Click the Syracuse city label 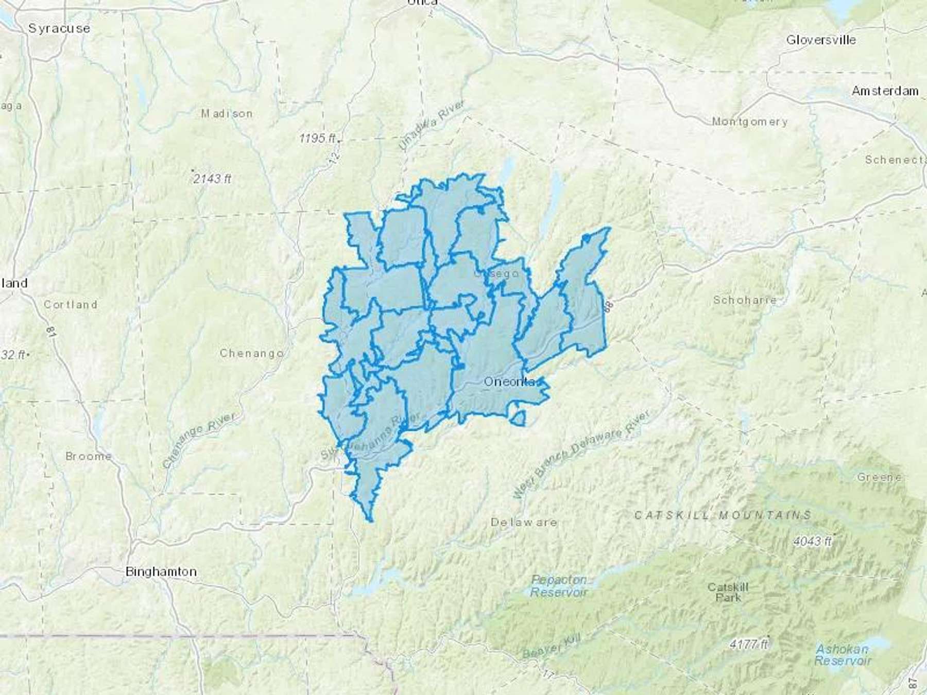click(x=59, y=28)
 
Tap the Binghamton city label click(x=161, y=571)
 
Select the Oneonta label click(x=510, y=381)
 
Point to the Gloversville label click(x=821, y=40)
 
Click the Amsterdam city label click(x=885, y=91)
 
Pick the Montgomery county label click(x=749, y=122)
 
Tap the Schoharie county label click(x=744, y=300)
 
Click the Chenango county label click(x=252, y=353)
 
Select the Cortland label click(x=71, y=304)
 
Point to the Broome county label click(x=89, y=456)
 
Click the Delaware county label click(x=524, y=522)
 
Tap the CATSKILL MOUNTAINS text click(x=723, y=515)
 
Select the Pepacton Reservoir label click(x=559, y=586)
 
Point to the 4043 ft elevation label click(x=812, y=541)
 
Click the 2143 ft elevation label click(x=212, y=179)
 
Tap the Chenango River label click(x=199, y=441)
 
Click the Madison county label click(x=227, y=113)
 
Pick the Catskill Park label click(x=728, y=592)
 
